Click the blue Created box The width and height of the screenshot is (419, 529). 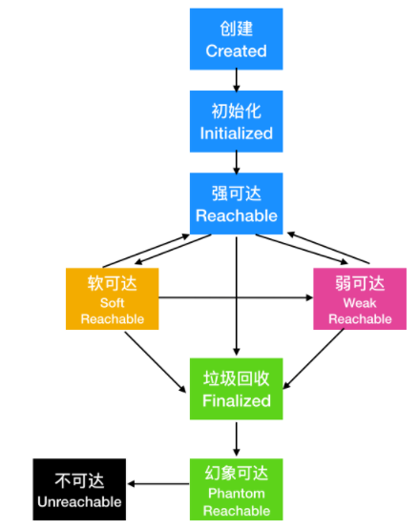(x=237, y=39)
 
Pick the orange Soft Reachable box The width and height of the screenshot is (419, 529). (x=112, y=298)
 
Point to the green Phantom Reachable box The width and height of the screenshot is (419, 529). (x=237, y=489)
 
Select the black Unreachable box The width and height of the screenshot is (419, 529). (x=80, y=489)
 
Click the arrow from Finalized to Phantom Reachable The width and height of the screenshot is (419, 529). (x=237, y=438)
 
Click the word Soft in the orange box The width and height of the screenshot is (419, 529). (x=112, y=302)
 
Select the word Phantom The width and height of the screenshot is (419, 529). (x=237, y=494)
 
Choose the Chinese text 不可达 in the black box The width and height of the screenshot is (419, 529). (x=80, y=479)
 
